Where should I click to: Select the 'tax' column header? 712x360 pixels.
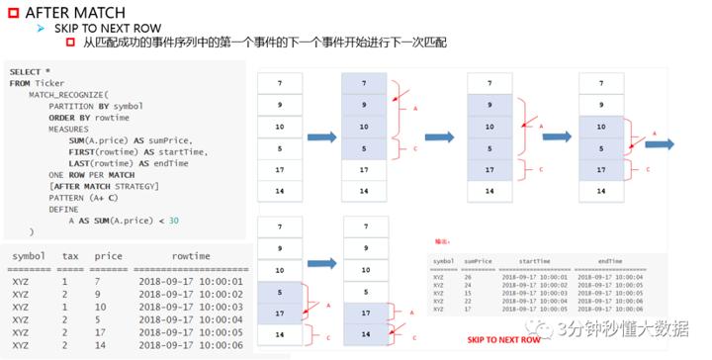point(69,256)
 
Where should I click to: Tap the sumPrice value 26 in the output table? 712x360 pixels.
point(471,277)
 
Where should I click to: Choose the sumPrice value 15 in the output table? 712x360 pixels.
point(471,294)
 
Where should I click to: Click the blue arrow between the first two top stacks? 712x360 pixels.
point(321,137)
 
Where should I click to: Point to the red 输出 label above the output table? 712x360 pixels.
point(442,240)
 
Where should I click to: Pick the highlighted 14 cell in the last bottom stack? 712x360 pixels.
point(365,335)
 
